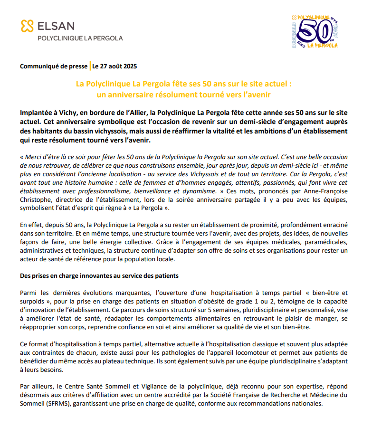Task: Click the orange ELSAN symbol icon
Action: (x=27, y=26)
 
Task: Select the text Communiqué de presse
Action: (x=54, y=66)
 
